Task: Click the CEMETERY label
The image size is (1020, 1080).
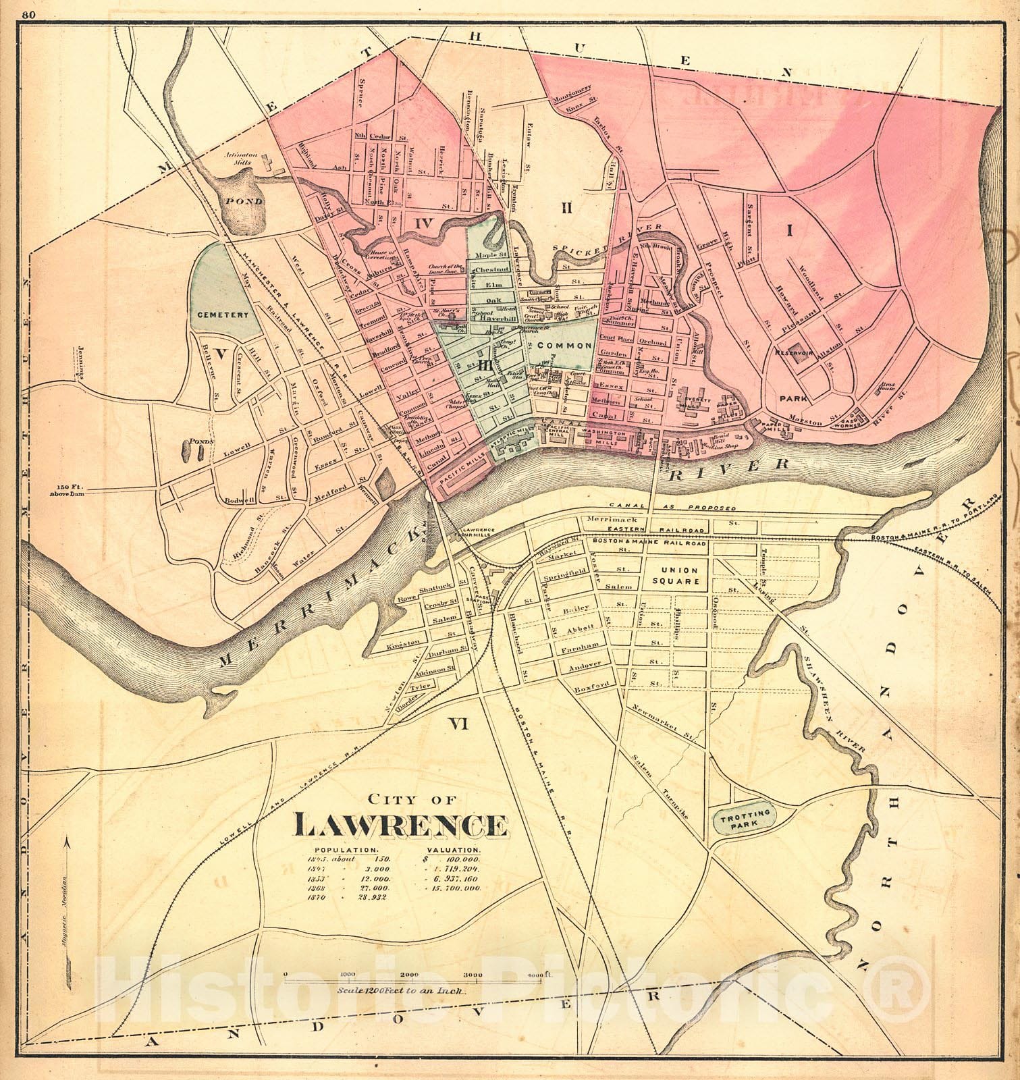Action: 223,315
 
